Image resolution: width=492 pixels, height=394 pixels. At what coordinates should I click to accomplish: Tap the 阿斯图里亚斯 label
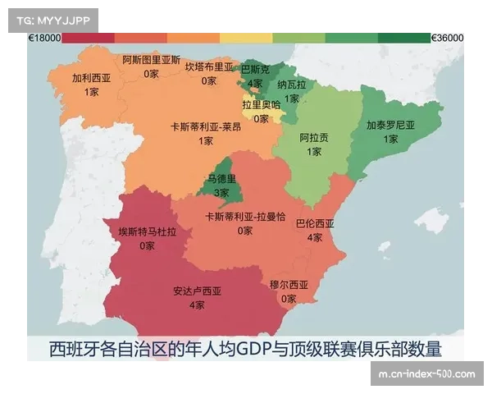pyautogui.click(x=151, y=60)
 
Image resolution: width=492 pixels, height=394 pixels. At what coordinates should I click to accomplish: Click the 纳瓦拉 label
pyautogui.click(x=291, y=85)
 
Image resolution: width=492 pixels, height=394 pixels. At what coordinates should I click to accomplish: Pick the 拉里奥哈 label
pyautogui.click(x=261, y=105)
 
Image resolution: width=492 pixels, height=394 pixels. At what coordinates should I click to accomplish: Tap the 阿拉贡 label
pyautogui.click(x=314, y=138)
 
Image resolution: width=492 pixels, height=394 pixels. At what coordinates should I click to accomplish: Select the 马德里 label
pyautogui.click(x=221, y=179)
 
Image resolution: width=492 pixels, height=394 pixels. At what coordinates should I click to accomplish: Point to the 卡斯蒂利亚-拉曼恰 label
pyautogui.click(x=245, y=217)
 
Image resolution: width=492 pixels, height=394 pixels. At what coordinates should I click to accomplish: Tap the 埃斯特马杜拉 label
pyautogui.click(x=147, y=232)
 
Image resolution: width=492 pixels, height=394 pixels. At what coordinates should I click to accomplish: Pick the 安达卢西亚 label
pyautogui.click(x=197, y=291)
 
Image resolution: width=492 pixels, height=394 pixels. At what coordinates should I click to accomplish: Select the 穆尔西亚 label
pyautogui.click(x=289, y=285)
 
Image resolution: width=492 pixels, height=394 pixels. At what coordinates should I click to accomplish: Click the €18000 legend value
pyautogui.click(x=44, y=38)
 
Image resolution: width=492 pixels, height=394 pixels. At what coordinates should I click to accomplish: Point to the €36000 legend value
pyautogui.click(x=448, y=38)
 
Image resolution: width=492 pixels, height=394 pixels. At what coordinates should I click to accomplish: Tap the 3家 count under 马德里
pyautogui.click(x=221, y=192)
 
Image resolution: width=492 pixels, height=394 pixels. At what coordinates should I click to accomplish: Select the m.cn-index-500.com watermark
pyautogui.click(x=426, y=374)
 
